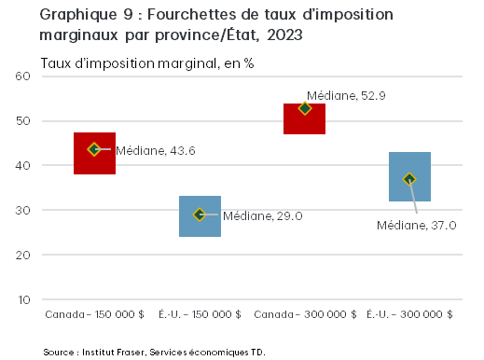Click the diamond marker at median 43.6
(x=94, y=149)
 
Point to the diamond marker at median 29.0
(x=199, y=215)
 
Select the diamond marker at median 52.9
(x=304, y=108)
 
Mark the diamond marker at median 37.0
(x=408, y=179)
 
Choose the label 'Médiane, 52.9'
(x=348, y=95)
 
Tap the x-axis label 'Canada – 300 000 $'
(x=304, y=315)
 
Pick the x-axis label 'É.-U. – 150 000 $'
(x=200, y=315)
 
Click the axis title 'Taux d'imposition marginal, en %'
(x=146, y=62)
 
